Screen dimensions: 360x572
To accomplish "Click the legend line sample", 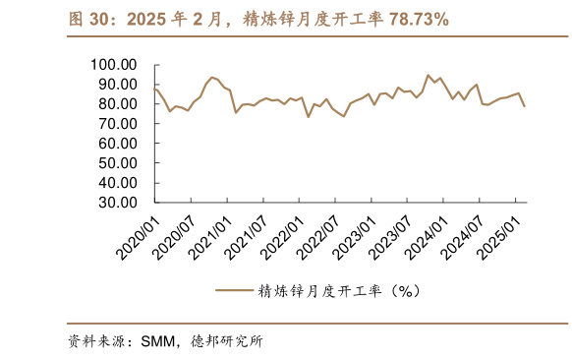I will coord(234,290).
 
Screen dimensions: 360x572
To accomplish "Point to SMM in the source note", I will coord(156,341).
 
